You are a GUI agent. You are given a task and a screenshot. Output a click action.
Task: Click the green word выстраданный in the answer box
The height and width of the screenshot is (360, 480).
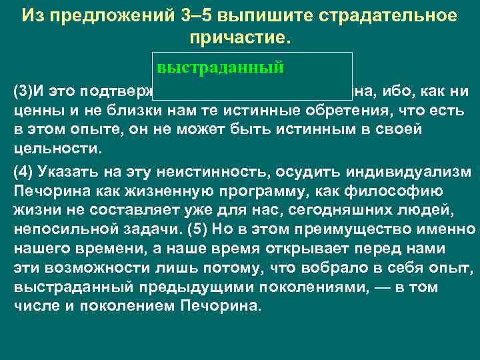click(221, 68)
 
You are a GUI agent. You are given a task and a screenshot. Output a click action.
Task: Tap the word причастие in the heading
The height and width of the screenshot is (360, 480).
click(240, 37)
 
